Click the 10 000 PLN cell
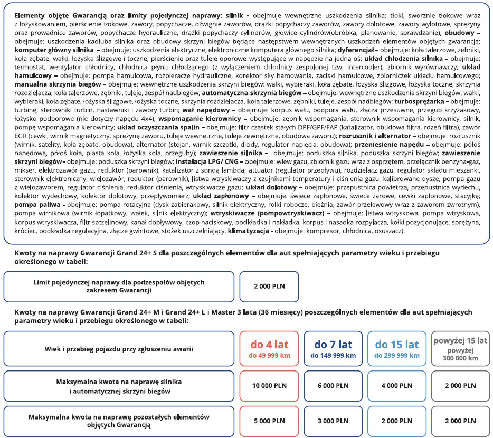pyautogui.click(x=269, y=386)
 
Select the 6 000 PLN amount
pyautogui.click(x=333, y=386)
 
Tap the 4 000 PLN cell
pyautogui.click(x=396, y=386)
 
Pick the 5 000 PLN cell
pyautogui.click(x=269, y=421)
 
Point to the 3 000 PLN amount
pyautogui.click(x=333, y=421)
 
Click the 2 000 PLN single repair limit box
pyautogui.click(x=269, y=286)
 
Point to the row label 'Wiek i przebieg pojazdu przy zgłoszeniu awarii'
pyautogui.click(x=118, y=349)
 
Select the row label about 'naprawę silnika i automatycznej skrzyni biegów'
pyautogui.click(x=118, y=386)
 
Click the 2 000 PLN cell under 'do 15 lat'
pyautogui.click(x=396, y=421)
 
